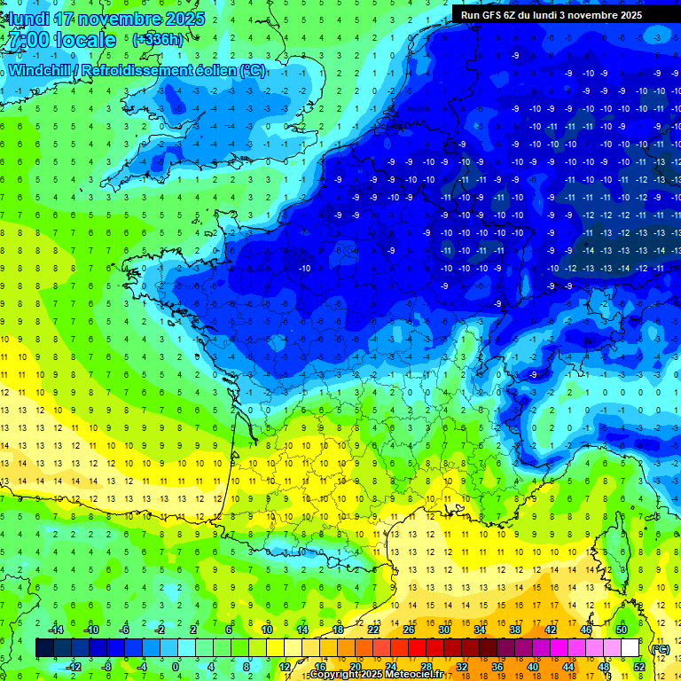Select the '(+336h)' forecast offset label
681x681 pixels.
point(157,39)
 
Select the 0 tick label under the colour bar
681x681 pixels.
point(176,666)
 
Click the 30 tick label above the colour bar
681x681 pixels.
point(443,629)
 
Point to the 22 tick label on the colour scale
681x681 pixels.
point(373,629)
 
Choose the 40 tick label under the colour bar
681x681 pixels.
point(532,666)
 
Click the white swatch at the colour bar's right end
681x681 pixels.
point(630,647)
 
